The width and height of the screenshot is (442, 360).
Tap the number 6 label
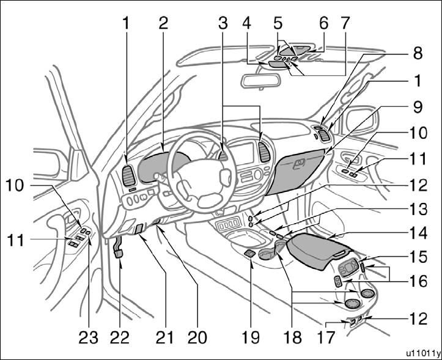(324, 23)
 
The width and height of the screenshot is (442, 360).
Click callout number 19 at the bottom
(250, 336)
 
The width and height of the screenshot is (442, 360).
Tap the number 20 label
(197, 336)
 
